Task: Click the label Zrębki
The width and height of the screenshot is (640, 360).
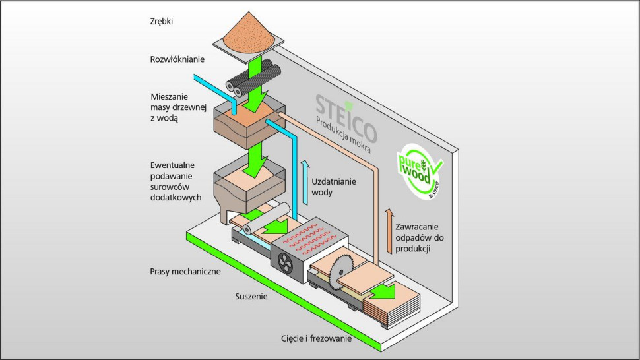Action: (162, 21)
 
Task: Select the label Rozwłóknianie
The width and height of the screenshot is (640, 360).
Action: (177, 59)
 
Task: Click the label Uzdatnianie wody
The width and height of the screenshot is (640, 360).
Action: (331, 186)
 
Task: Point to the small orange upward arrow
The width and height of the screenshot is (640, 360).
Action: (389, 230)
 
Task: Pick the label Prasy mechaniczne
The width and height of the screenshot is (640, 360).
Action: (187, 271)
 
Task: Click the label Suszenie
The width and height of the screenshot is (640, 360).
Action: (251, 297)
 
